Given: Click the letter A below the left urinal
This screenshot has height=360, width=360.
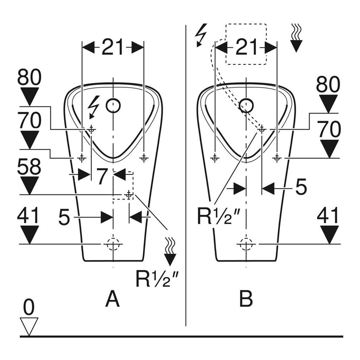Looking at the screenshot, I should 112,299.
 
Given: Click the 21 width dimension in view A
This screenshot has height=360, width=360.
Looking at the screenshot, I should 112,48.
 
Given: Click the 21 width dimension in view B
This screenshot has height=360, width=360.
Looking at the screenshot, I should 246,48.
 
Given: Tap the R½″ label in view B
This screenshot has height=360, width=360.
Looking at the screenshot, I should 219,216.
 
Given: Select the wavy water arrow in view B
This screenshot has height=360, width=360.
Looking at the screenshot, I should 296,38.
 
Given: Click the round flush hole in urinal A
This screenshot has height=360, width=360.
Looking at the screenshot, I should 113,105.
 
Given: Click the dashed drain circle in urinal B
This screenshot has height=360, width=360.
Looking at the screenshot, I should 246,244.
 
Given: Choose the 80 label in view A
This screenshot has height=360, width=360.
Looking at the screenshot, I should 29,78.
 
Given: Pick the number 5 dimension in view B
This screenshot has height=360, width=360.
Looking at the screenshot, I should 301,187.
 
